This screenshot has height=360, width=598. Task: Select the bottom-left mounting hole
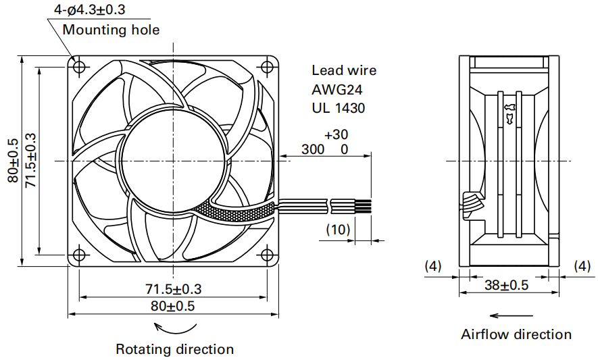pos(79,254)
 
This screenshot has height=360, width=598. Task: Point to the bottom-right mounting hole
pos(267,254)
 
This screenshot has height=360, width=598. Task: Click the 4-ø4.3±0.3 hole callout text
pos(90,9)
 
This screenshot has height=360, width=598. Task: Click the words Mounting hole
pos(111,29)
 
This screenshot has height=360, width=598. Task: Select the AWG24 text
pos(337,90)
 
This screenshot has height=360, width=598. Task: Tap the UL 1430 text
pos(339,108)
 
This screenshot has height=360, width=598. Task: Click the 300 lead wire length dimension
pos(313,149)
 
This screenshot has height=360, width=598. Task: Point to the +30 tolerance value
pos(336,134)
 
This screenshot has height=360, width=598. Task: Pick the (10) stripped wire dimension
pos(338,229)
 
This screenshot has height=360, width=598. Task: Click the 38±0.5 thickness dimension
pos(507,284)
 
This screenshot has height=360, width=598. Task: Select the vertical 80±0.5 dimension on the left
pos(13,160)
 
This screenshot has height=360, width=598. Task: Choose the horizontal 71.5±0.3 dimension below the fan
pos(173,288)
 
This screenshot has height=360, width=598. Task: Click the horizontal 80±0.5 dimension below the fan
pos(173,306)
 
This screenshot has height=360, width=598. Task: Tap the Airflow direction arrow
pos(511,316)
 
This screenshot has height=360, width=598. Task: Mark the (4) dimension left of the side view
pos(433,266)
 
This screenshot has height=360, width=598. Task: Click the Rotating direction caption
pos(175,349)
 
